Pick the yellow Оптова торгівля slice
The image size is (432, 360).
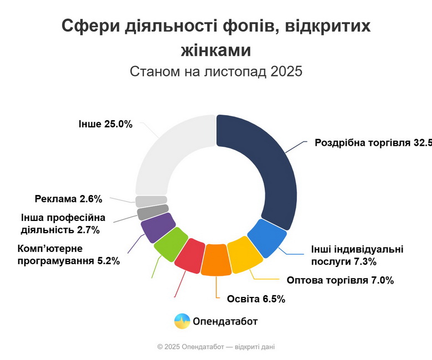click(244, 255)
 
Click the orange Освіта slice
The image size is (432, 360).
click(216, 260)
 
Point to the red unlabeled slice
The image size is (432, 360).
click(190, 255)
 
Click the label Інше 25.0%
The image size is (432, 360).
click(105, 124)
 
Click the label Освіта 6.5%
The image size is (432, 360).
click(256, 299)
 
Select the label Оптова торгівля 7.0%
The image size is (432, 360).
click(340, 280)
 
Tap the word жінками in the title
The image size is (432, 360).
click(216, 50)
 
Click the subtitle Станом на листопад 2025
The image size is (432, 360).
click(216, 71)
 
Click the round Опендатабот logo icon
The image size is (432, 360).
click(182, 321)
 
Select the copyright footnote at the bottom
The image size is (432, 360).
click(216, 347)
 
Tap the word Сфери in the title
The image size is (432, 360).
click(88, 26)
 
